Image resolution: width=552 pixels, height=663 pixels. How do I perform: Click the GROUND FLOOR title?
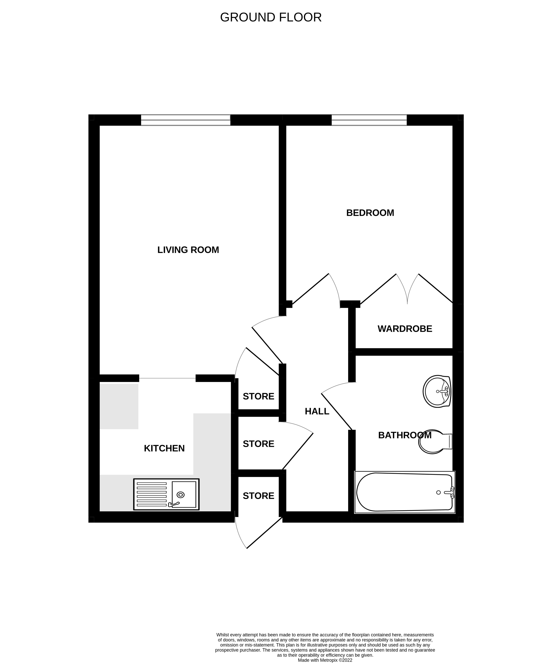(271, 17)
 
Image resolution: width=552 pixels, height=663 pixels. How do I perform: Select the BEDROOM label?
(370, 213)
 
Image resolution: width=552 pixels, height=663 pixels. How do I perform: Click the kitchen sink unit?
(166, 494)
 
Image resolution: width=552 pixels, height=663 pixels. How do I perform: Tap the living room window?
(186, 120)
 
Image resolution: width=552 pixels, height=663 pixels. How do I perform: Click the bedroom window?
(369, 120)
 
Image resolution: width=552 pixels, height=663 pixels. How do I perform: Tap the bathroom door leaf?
(336, 411)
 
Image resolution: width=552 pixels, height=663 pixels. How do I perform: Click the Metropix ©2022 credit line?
(325, 660)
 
